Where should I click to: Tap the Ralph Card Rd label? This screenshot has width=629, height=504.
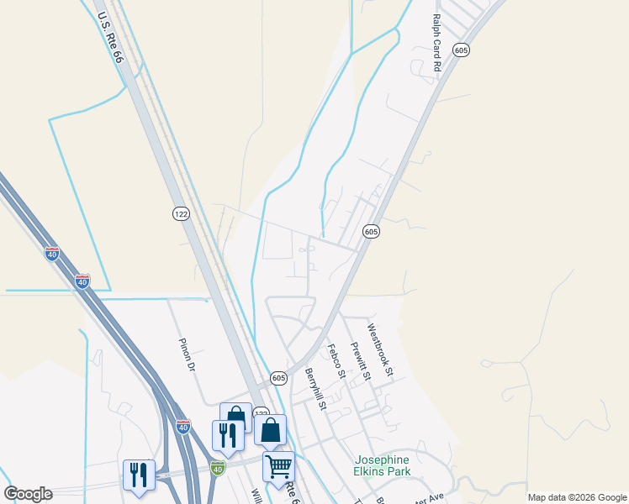[x=436, y=42]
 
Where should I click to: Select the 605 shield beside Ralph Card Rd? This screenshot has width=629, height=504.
[x=460, y=50]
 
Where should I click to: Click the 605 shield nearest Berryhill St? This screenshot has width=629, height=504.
[x=279, y=379]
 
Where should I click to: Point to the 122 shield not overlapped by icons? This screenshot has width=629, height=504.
[x=182, y=214]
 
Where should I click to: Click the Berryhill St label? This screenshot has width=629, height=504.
[x=315, y=389]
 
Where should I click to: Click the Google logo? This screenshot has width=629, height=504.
[x=28, y=494]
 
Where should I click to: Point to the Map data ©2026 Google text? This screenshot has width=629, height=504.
[x=576, y=497]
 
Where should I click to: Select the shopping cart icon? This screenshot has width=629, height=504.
[x=278, y=466]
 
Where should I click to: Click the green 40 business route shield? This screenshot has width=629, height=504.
[x=219, y=466]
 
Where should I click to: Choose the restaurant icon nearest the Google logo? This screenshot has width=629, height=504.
[x=138, y=474]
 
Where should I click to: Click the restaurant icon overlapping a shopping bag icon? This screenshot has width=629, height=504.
[x=227, y=435]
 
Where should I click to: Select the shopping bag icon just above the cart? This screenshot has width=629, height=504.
[x=270, y=430]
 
